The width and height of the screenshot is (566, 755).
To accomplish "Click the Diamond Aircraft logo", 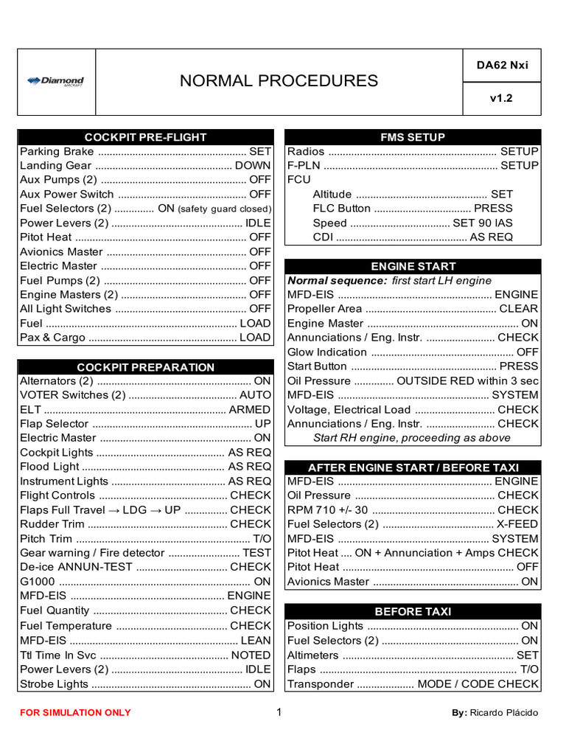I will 55,81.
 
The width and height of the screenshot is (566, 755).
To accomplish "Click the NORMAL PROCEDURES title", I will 279,81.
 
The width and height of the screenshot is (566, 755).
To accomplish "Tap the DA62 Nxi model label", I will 502,65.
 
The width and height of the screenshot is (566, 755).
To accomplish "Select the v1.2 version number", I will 502,98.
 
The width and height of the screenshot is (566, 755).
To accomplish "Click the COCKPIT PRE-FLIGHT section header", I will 145,137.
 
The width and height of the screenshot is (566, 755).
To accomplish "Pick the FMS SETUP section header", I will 413,137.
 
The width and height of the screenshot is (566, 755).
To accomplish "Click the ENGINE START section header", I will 413,266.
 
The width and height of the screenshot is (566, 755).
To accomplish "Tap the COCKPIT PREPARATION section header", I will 145,367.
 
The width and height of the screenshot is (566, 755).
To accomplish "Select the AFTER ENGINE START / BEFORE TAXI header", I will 413,467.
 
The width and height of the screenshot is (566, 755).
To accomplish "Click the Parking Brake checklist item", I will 57,152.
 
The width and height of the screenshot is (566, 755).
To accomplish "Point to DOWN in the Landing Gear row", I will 253,166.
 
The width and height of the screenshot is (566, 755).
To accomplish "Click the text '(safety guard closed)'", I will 224,209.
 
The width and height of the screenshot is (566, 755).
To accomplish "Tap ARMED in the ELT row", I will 250,410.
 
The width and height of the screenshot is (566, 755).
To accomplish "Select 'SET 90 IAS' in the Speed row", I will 483,223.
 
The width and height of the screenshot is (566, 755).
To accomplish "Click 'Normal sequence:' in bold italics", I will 337,280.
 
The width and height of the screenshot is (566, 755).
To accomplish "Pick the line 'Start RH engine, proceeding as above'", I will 411,438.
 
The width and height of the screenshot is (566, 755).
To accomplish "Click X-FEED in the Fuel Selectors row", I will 517,524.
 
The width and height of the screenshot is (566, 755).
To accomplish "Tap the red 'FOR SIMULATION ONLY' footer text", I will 75,713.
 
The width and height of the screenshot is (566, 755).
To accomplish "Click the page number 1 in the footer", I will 279,712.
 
